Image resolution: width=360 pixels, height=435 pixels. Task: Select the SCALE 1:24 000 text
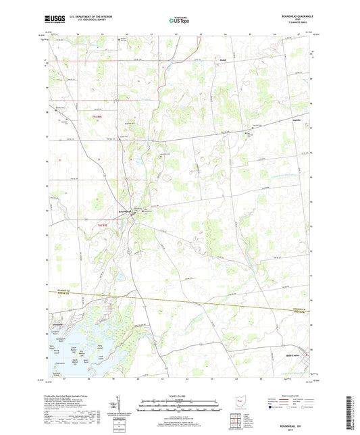(179, 394)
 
